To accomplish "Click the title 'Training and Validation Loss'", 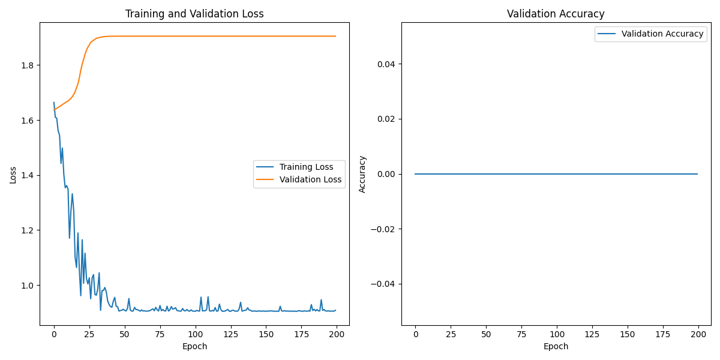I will coord(194,14).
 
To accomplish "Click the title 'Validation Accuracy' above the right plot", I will coord(556,14).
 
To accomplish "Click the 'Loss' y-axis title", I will coord(13,175).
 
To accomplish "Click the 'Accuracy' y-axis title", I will coord(362,174).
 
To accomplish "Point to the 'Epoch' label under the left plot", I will coord(194,346).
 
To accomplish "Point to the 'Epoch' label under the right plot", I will coord(556,346).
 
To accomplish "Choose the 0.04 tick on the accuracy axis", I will coord(385,64).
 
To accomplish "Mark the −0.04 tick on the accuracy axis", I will coord(382,284).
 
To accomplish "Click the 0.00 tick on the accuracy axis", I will coord(385,174).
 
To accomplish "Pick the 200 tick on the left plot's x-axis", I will coord(336,334).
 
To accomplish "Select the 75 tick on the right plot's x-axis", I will coord(521,334).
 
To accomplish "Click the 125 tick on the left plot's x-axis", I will coord(230,334).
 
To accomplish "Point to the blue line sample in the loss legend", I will coord(265,167).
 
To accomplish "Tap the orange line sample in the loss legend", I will coord(265,179).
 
